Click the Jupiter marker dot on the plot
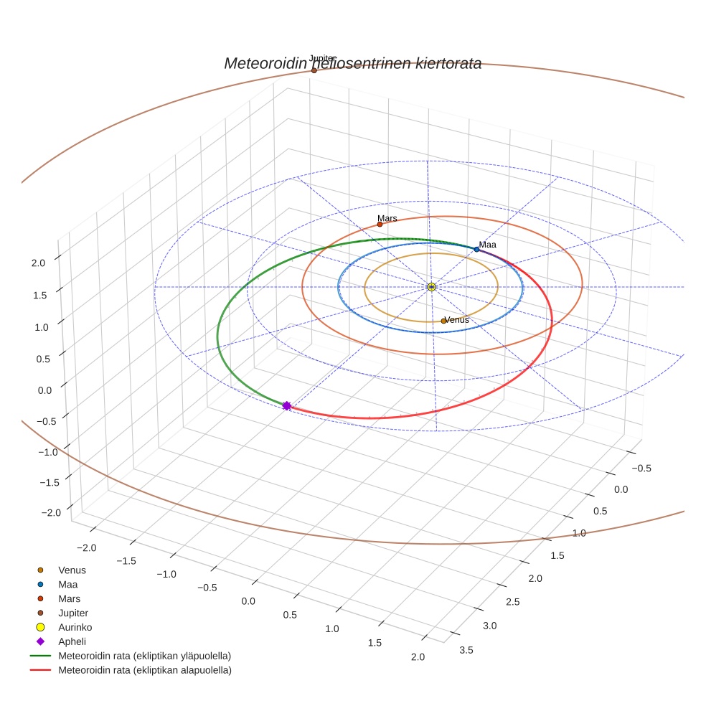pyautogui.click(x=314, y=70)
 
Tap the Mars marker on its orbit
pyautogui.click(x=380, y=225)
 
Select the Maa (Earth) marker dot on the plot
pyautogui.click(x=476, y=249)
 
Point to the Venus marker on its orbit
pyautogui.click(x=443, y=321)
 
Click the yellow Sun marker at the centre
pyautogui.click(x=431, y=287)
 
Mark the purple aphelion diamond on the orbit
pyautogui.click(x=286, y=406)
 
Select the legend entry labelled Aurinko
pyautogui.click(x=75, y=627)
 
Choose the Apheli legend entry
pyautogui.click(x=72, y=641)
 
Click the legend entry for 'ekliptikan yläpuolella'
pyautogui.click(x=144, y=656)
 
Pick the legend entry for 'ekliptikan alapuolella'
pyautogui.click(x=144, y=670)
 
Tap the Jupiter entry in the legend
pyautogui.click(x=72, y=613)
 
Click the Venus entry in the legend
pyautogui.click(x=72, y=570)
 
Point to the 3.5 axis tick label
pyautogui.click(x=465, y=650)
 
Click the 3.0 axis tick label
pyautogui.click(x=489, y=626)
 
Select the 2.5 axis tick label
pyautogui.click(x=512, y=601)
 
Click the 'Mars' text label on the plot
pyautogui.click(x=387, y=218)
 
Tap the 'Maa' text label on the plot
pyautogui.click(x=488, y=245)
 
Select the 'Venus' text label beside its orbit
pyautogui.click(x=457, y=319)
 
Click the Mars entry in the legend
pyautogui.click(x=69, y=598)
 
